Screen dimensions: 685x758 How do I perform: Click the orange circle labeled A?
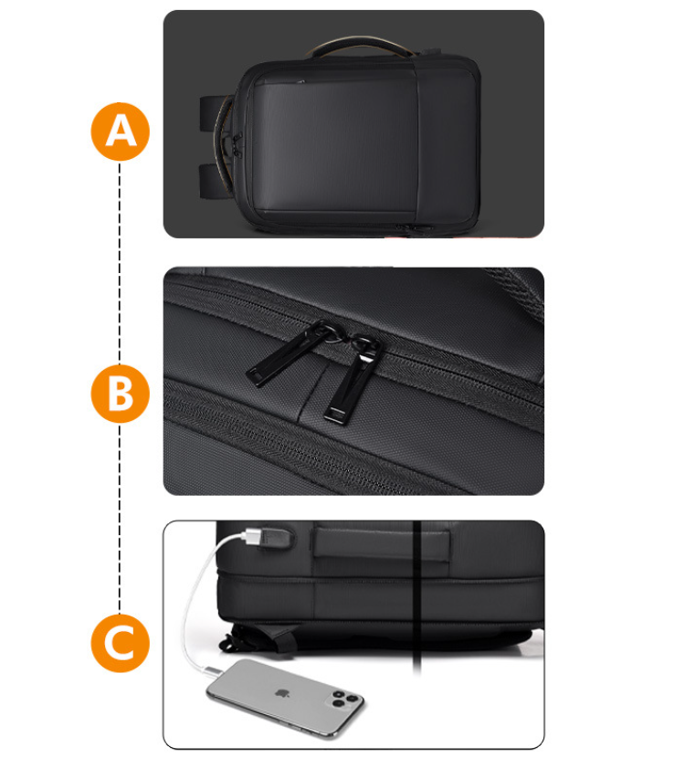(x=121, y=132)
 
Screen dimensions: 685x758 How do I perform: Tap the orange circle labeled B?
(x=121, y=394)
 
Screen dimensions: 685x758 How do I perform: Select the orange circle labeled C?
(x=121, y=643)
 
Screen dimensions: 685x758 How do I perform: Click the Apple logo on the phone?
(x=282, y=694)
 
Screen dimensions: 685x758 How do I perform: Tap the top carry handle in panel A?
(x=359, y=45)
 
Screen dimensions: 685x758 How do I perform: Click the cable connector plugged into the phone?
(x=214, y=671)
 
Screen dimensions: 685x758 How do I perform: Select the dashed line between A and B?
(x=120, y=262)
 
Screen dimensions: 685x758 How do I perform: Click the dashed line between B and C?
(x=120, y=518)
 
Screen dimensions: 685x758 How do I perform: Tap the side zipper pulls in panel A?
(x=237, y=144)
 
